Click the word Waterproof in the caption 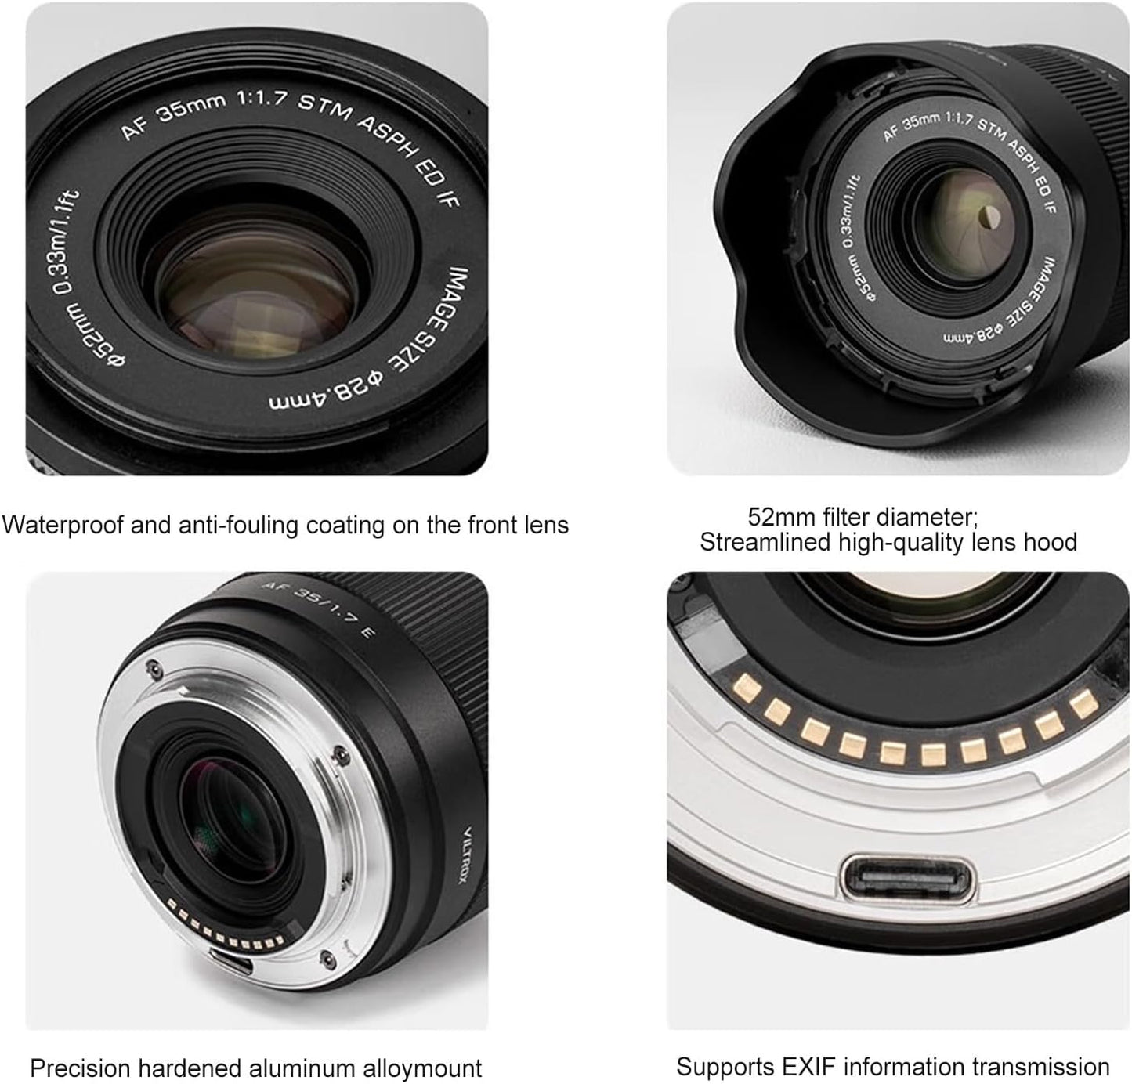pos(62,525)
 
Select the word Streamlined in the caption pos(765,543)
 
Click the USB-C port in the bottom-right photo pos(908,879)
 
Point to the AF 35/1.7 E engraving pos(316,609)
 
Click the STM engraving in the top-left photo pos(324,108)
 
